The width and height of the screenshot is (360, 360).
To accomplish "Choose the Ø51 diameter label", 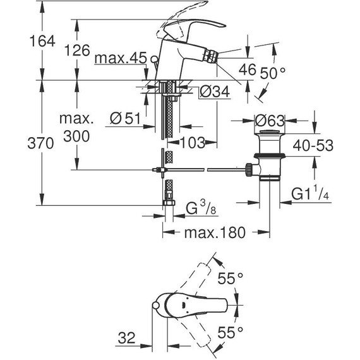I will pyautogui.click(x=124, y=118).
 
